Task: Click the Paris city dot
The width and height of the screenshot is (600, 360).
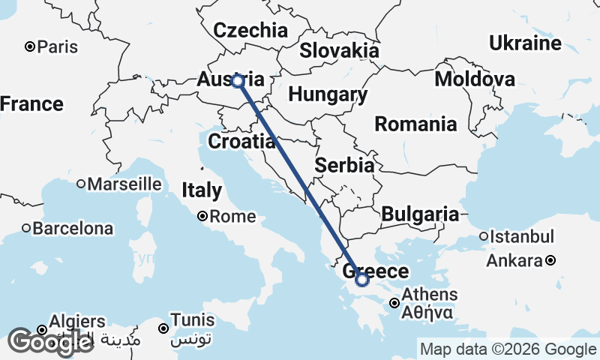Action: click(30, 46)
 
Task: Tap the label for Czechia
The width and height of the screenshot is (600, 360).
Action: click(250, 31)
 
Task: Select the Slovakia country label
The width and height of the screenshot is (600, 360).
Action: click(339, 50)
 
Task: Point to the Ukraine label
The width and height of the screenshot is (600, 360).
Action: click(525, 43)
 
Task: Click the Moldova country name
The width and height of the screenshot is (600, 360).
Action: click(475, 79)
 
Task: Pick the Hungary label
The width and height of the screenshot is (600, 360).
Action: click(328, 95)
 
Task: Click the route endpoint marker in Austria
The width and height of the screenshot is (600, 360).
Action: click(238, 81)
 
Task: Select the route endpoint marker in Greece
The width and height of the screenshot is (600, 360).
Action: click(362, 280)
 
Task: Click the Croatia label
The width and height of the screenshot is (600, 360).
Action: click(241, 141)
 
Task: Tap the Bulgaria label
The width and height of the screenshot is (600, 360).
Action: click(420, 214)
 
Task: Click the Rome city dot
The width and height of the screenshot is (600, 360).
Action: click(202, 217)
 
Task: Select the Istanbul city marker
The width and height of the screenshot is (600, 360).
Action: click(483, 238)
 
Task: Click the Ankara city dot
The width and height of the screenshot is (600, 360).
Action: click(550, 261)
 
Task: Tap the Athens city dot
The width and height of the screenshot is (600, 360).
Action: click(394, 304)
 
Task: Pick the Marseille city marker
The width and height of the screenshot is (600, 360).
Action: click(80, 184)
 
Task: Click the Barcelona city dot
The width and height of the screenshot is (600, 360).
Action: click(25, 228)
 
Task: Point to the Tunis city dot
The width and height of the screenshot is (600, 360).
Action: click(163, 328)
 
